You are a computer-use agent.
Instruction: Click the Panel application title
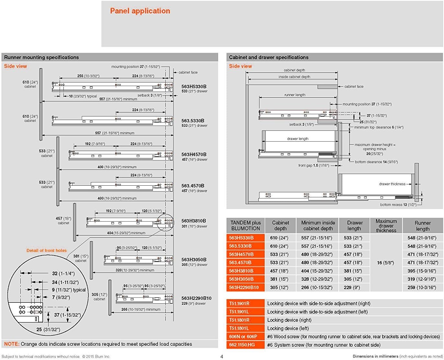pyautogui.click(x=140, y=11)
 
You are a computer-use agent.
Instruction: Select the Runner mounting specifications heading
pyautogui.click(x=41, y=57)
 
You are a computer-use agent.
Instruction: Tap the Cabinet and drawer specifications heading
pyautogui.click(x=269, y=57)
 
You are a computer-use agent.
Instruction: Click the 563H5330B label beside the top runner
pyautogui.click(x=194, y=86)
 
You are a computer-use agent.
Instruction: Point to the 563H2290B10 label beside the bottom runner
pyautogui.click(x=196, y=298)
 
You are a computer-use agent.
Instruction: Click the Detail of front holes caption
pyautogui.click(x=47, y=250)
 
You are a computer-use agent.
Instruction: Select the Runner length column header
pyautogui.click(x=423, y=226)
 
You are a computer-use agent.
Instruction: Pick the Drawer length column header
pyautogui.click(x=355, y=226)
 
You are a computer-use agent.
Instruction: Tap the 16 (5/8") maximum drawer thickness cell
pyautogui.click(x=385, y=263)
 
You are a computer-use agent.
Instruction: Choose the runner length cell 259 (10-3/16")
pyautogui.click(x=422, y=287)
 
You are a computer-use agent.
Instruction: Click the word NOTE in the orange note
pyautogui.click(x=12, y=344)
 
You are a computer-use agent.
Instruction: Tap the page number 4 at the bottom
pyautogui.click(x=222, y=356)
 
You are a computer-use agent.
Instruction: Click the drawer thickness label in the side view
pyautogui.click(x=392, y=184)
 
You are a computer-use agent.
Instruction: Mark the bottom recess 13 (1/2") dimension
pyautogui.click(x=398, y=205)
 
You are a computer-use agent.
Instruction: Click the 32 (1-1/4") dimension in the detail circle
pyautogui.click(x=63, y=273)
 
